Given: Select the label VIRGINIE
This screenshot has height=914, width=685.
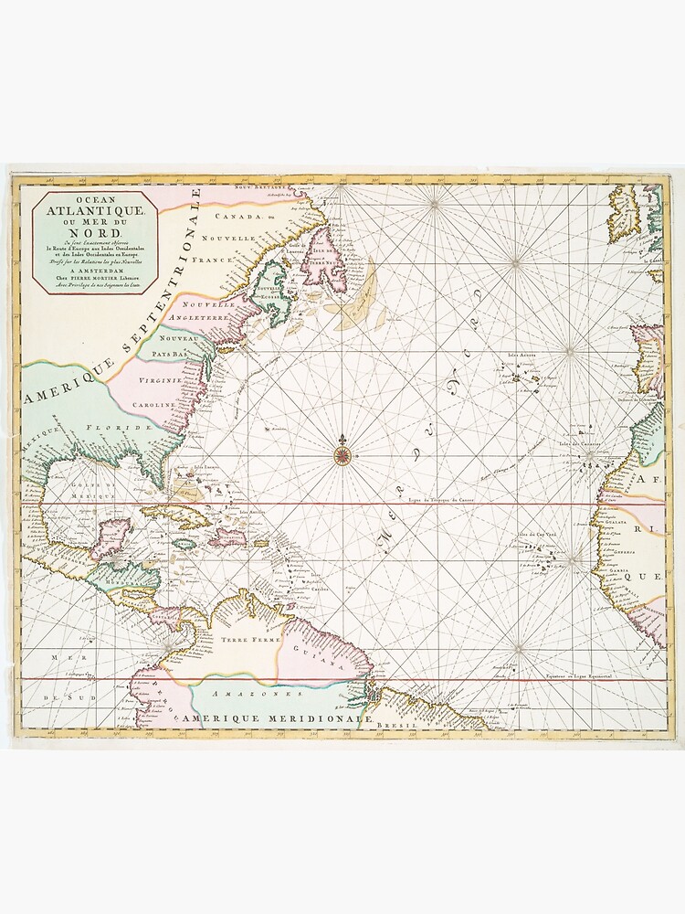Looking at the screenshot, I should (x=157, y=378).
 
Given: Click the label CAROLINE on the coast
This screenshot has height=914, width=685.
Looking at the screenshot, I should (x=153, y=403).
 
